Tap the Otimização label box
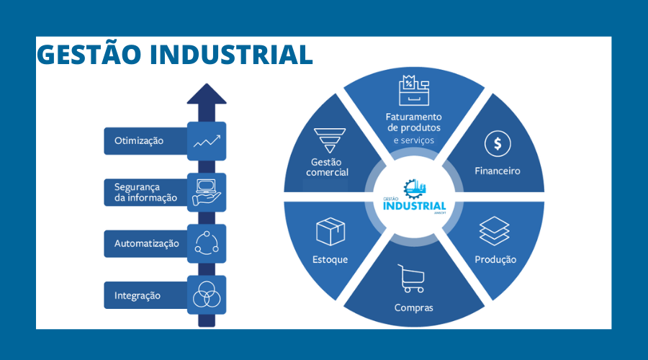click(x=145, y=141)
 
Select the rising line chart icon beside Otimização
click(x=207, y=141)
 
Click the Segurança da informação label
click(x=145, y=192)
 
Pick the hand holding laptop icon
click(x=207, y=192)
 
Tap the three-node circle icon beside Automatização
click(x=207, y=243)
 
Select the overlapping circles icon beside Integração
click(x=207, y=295)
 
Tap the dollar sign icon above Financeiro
click(x=497, y=144)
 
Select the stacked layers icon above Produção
click(x=495, y=231)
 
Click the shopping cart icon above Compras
click(x=412, y=279)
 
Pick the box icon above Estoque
click(x=330, y=232)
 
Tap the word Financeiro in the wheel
click(x=497, y=171)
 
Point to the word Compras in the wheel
click(x=413, y=307)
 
